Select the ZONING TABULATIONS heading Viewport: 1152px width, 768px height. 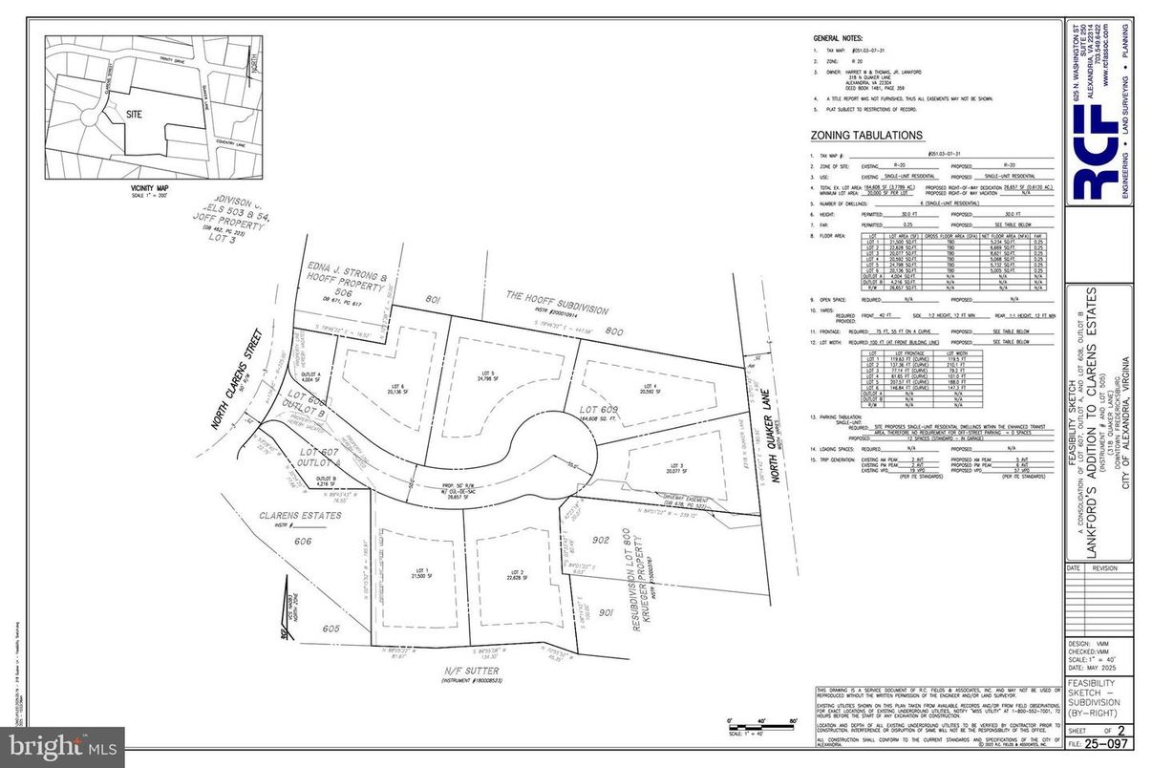[866, 136]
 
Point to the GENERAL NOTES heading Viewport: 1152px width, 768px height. [837, 37]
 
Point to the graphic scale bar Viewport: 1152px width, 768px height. [762, 725]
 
